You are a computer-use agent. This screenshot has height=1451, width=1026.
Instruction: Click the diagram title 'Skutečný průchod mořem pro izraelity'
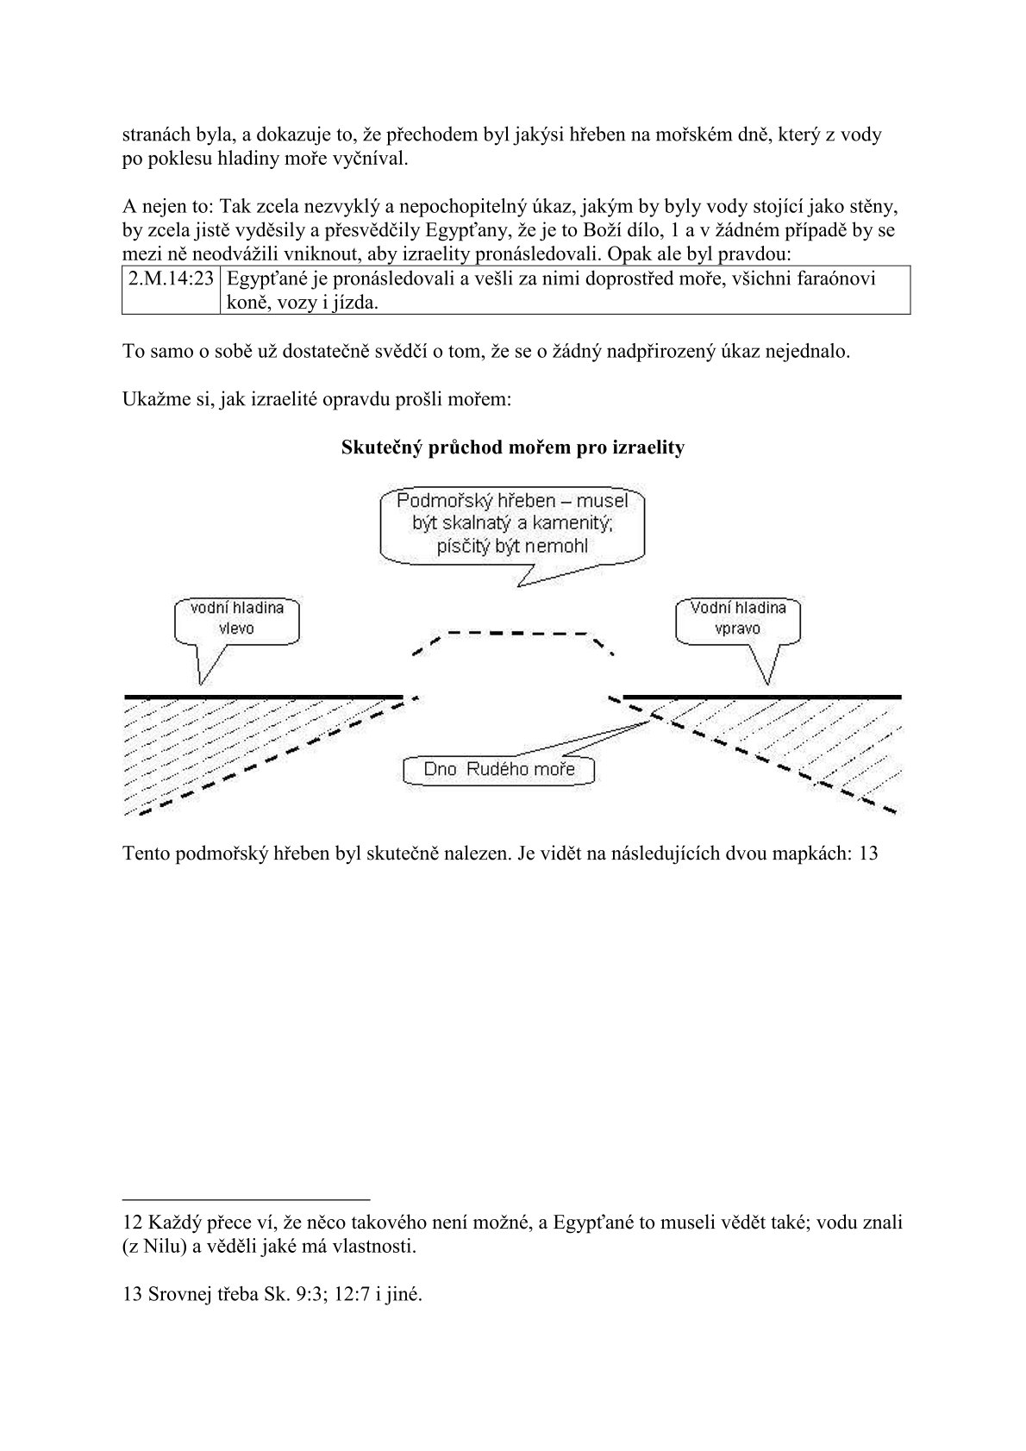tap(512, 447)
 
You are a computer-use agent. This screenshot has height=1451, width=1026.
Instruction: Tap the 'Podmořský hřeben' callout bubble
tap(512, 524)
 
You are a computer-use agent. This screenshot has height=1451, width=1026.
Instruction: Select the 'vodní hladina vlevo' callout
tap(236, 619)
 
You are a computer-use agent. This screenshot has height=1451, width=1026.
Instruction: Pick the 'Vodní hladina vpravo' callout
tap(738, 619)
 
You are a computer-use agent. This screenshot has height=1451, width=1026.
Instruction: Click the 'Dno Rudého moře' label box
tap(499, 769)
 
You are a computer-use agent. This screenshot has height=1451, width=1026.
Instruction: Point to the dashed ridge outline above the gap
tap(514, 634)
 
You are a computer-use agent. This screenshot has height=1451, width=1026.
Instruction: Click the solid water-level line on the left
tap(263, 695)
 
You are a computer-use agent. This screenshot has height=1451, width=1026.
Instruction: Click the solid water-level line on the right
tap(761, 695)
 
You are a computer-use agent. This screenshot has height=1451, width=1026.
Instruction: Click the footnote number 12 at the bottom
tap(134, 1223)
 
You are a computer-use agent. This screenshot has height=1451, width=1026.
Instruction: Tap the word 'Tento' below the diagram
tap(146, 854)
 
